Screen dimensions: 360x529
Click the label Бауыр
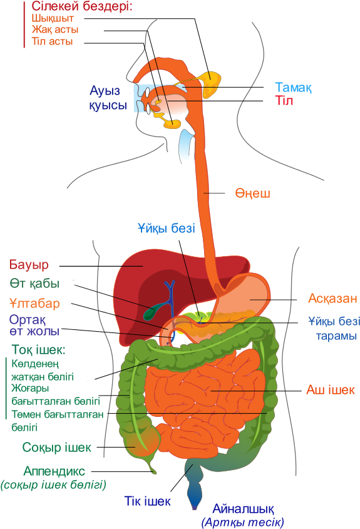tap(29, 265)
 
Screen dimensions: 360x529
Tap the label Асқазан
tap(332, 298)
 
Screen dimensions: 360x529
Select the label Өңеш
tap(253, 193)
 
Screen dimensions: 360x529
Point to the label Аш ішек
tap(331, 389)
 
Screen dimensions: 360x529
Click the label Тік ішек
tap(147, 501)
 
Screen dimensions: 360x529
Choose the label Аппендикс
tap(54, 471)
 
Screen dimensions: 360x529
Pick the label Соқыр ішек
tap(57, 448)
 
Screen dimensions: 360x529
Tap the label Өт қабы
tap(34, 284)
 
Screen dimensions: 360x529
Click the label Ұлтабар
tap(35, 303)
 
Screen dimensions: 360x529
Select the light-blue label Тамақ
tap(293, 88)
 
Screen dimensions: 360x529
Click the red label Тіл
tap(284, 101)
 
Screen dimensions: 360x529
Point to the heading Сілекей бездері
tap(81, 6)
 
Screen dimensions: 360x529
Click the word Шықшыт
tap(53, 18)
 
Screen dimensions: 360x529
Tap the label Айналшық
tap(243, 508)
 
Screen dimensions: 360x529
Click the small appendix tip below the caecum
tap(153, 470)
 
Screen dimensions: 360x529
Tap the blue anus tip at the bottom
tap(194, 506)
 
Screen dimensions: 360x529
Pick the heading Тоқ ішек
tap(38, 350)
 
